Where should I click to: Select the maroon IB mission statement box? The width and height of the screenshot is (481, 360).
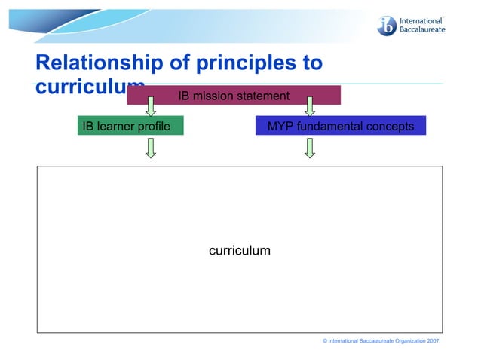pos(233,96)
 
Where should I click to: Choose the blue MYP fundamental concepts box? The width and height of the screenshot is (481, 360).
pos(340,126)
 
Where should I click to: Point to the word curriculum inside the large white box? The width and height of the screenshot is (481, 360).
pos(239,250)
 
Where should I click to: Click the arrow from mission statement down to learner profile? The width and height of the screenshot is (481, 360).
pos(151,106)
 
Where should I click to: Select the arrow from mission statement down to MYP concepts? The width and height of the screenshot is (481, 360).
pos(309,106)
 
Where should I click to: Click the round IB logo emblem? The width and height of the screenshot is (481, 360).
pos(387,25)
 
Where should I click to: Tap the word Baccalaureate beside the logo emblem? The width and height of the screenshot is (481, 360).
pos(422,30)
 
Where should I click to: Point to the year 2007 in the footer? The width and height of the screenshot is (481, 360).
pos(433,342)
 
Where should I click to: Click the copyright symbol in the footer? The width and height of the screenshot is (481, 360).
pos(324,342)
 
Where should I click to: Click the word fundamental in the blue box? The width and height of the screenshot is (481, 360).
pos(333,126)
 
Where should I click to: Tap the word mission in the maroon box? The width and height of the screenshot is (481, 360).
pos(212,96)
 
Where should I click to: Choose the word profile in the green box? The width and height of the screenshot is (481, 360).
pos(153,126)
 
